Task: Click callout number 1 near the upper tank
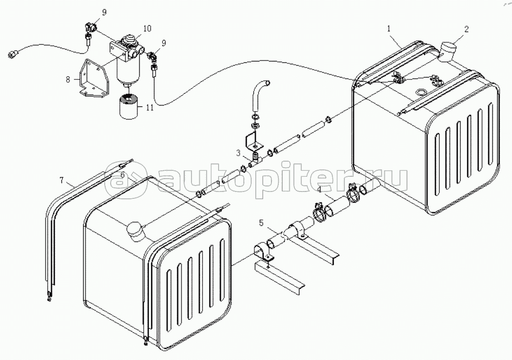pyautogui.click(x=389, y=28)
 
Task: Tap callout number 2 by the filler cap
pyautogui.click(x=466, y=29)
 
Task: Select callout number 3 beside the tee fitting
pyautogui.click(x=239, y=152)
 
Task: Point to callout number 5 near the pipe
pyautogui.click(x=261, y=223)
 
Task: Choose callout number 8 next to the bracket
pyautogui.click(x=68, y=79)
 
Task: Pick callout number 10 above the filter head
pyautogui.click(x=147, y=29)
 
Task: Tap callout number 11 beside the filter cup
pyautogui.click(x=150, y=108)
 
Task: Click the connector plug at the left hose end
pyautogui.click(x=12, y=54)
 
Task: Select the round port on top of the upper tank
pyautogui.click(x=421, y=92)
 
